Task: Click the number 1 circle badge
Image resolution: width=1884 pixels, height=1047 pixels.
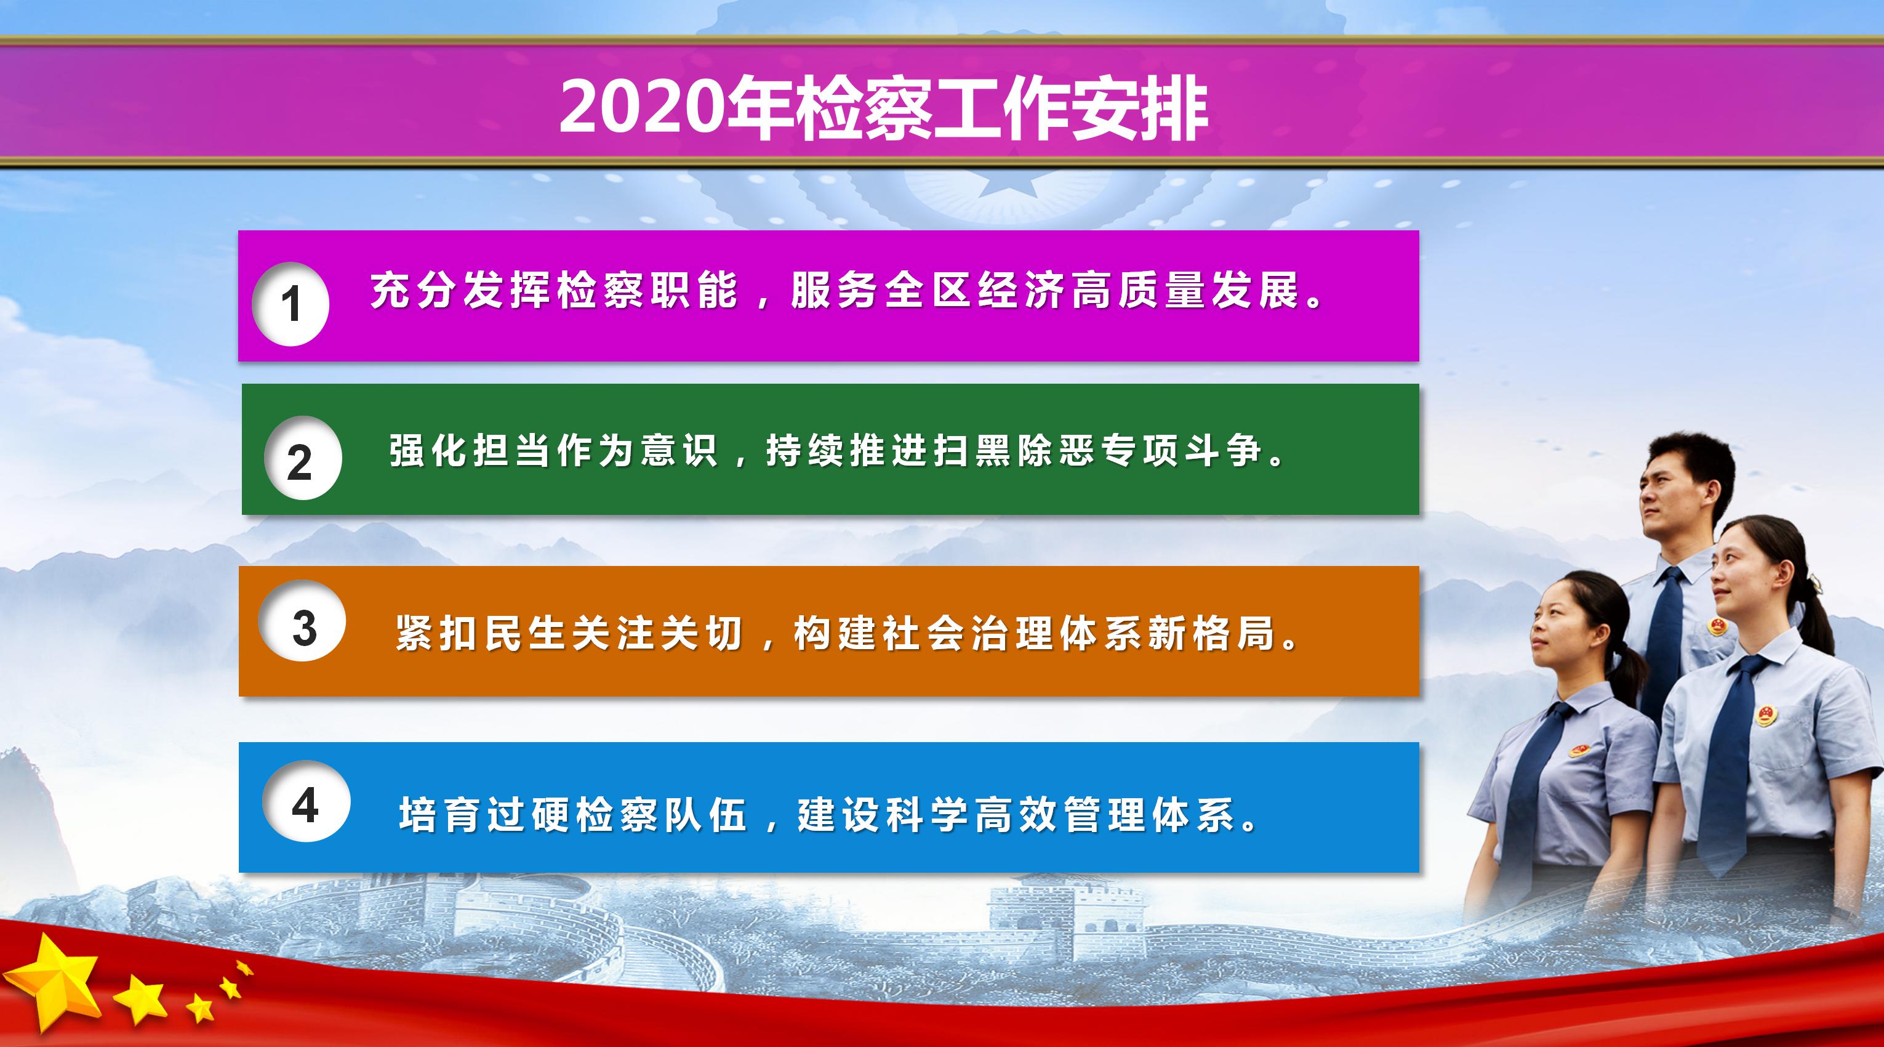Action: click(x=291, y=304)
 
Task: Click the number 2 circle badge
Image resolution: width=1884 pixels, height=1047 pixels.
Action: click(x=302, y=459)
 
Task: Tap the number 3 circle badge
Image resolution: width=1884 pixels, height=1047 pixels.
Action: click(x=302, y=622)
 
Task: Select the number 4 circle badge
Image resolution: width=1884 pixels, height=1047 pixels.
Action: click(x=305, y=801)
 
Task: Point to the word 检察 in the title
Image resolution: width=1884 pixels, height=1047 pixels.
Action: click(x=865, y=110)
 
